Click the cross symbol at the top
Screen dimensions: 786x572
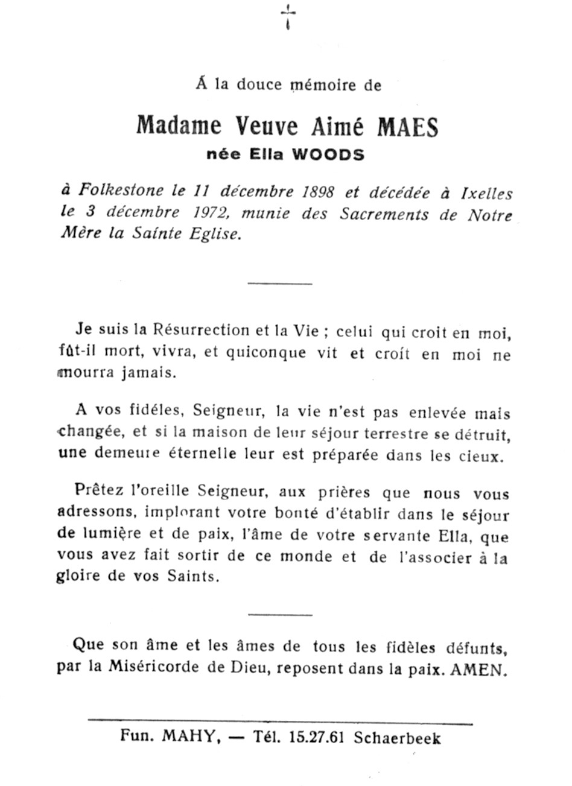click(288, 16)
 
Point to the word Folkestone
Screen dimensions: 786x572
click(121, 191)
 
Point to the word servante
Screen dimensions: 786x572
click(397, 536)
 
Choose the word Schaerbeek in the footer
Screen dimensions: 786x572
click(397, 738)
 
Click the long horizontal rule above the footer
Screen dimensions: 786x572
click(280, 721)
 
